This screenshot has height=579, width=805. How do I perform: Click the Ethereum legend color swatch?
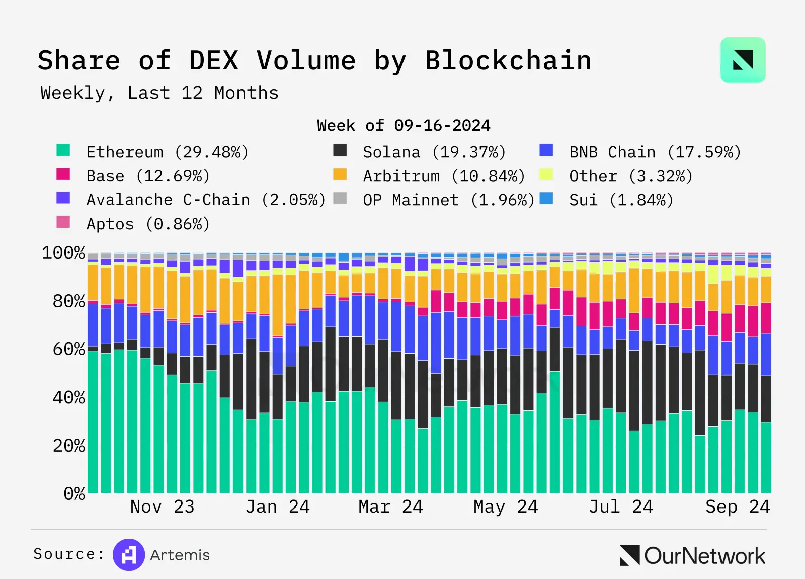coord(63,150)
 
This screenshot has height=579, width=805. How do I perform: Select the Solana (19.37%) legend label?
coord(434,152)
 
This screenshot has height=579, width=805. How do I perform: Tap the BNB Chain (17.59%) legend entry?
coord(655,152)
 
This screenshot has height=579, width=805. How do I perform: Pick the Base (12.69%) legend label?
coord(147,176)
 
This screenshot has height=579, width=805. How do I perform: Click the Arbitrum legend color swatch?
coord(340,174)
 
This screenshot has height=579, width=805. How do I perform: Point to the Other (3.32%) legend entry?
coord(630,176)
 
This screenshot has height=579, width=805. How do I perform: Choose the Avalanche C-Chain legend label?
coord(205,200)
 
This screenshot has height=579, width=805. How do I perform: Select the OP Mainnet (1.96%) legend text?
coord(448,200)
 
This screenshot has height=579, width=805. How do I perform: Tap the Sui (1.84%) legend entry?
coord(621,200)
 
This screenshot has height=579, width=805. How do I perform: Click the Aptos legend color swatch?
coord(63,222)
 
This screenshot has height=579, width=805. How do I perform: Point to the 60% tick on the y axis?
coord(69,349)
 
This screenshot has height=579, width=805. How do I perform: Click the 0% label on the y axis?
coord(74,493)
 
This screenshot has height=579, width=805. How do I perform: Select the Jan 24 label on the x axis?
coord(277,506)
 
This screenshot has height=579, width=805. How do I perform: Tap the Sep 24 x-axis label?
coord(737,506)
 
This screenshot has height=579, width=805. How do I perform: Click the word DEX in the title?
coord(214,61)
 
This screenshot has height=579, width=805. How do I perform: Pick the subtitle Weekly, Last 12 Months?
coord(159,93)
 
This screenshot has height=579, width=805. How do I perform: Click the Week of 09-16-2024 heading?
coord(404,125)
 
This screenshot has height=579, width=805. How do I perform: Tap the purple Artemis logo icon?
coord(129,555)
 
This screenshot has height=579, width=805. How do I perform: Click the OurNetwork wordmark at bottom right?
coord(704,556)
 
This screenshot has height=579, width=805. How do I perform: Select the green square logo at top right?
coord(743,60)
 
